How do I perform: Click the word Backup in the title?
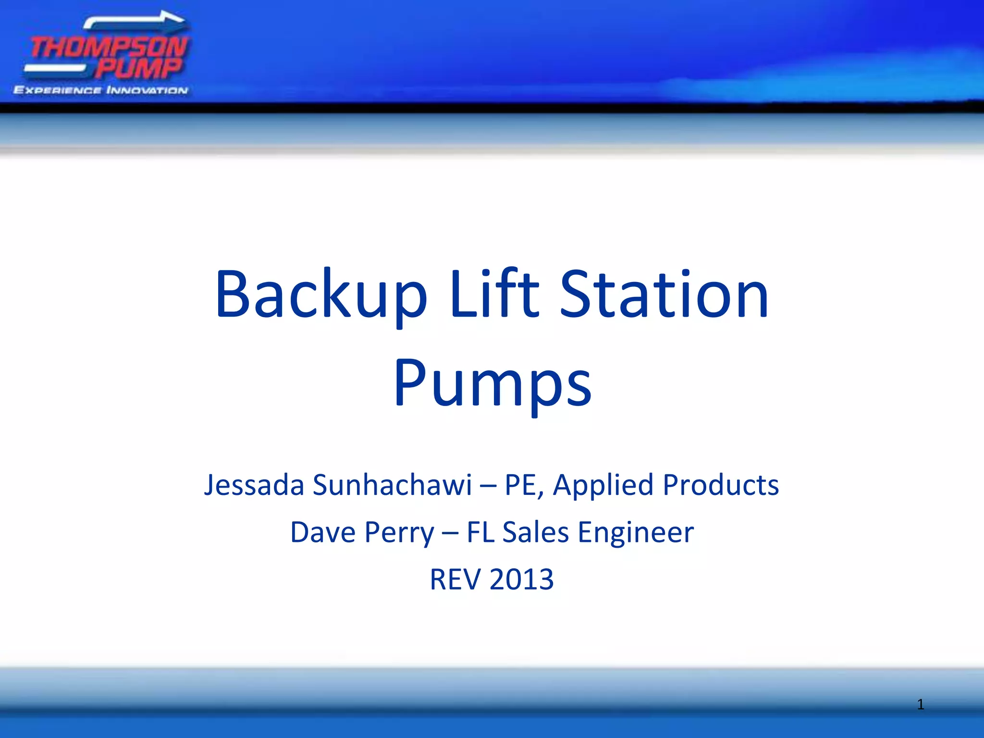321,294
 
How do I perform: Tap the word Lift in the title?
494,294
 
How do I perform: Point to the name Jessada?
254,485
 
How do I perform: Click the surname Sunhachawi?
392,485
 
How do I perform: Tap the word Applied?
603,485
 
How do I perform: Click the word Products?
720,485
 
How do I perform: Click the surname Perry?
399,532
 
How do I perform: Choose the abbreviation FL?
480,532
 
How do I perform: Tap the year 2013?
522,579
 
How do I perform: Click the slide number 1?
920,704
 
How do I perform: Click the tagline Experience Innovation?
101,90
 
